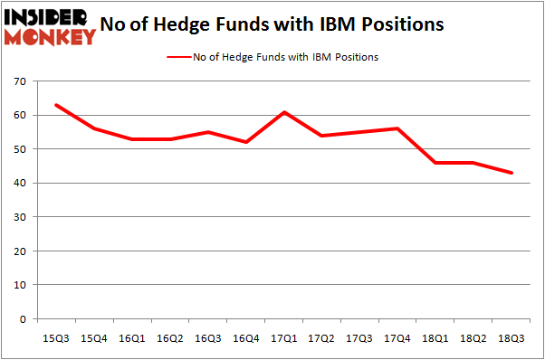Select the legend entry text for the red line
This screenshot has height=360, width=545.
[285, 57]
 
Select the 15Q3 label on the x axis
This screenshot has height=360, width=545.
[55, 337]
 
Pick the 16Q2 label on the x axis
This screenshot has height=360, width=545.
[169, 337]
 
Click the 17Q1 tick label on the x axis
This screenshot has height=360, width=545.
[283, 337]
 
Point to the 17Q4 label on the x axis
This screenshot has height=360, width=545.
[397, 337]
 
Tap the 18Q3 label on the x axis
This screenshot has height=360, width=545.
[512, 337]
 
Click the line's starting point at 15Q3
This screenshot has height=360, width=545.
[55, 105]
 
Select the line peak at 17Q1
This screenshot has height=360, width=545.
[283, 112]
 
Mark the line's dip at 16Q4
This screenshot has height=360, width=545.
[245, 142]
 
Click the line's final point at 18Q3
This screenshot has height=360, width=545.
[512, 173]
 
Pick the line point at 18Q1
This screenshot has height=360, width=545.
[435, 163]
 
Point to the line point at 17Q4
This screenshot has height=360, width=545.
[397, 128]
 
